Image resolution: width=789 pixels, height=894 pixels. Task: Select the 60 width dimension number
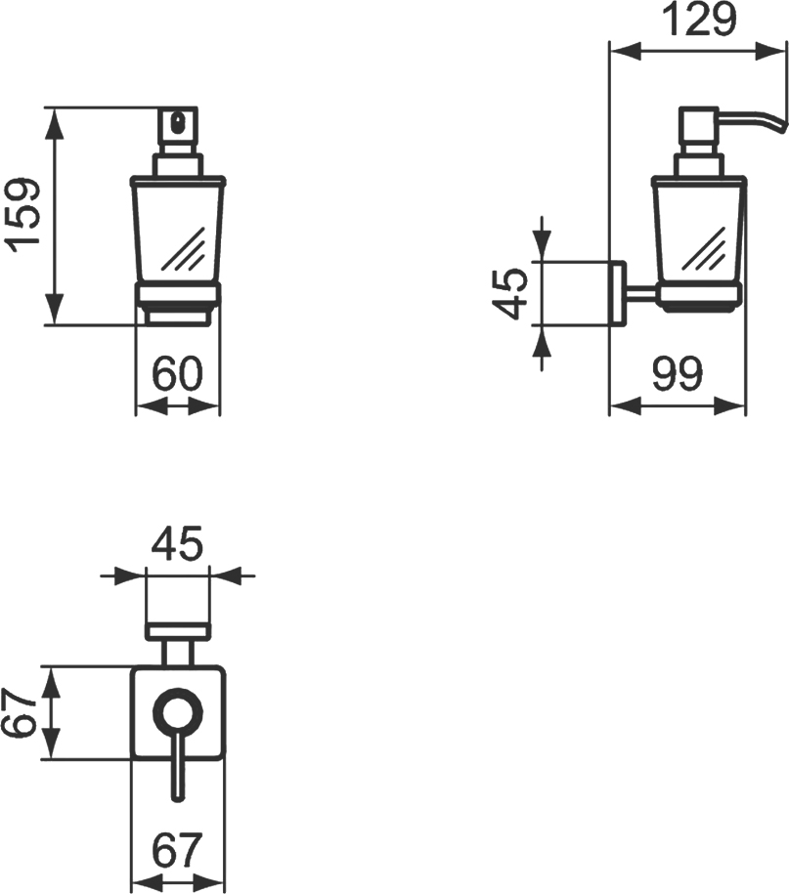(177, 373)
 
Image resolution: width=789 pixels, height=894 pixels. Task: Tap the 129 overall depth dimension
(698, 20)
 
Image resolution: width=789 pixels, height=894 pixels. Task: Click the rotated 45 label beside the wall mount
(511, 294)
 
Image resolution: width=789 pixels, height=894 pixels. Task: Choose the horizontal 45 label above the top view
(177, 543)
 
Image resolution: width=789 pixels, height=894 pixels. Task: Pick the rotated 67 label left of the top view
(20, 712)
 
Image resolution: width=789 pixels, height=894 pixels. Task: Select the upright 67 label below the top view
(177, 849)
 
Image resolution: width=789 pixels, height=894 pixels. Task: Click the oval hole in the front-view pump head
(178, 124)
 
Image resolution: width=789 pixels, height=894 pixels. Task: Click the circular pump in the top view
(177, 712)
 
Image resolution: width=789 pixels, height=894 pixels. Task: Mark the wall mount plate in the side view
(617, 294)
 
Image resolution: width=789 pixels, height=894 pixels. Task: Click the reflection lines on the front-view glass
(182, 250)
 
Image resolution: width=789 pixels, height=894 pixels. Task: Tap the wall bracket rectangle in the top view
(177, 631)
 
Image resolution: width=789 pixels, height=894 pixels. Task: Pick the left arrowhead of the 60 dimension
(145, 404)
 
